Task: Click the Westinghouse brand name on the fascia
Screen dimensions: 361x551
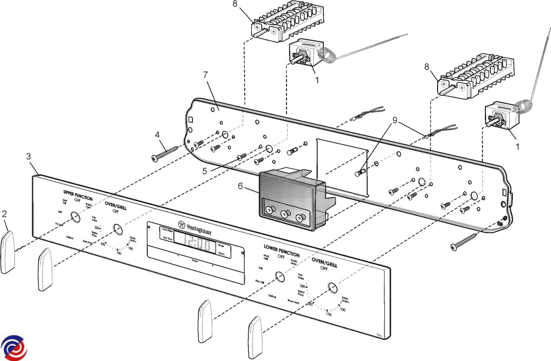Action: coord(198,227)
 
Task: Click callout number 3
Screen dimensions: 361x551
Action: coord(28,156)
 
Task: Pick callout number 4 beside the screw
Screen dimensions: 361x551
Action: coord(157,135)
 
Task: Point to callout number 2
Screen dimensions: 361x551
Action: coord(5,214)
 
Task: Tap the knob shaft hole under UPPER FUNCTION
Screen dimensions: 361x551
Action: coord(73,217)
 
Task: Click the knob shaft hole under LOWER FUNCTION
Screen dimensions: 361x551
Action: coord(278,277)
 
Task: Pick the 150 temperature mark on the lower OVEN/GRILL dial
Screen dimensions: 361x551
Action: coord(329,314)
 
